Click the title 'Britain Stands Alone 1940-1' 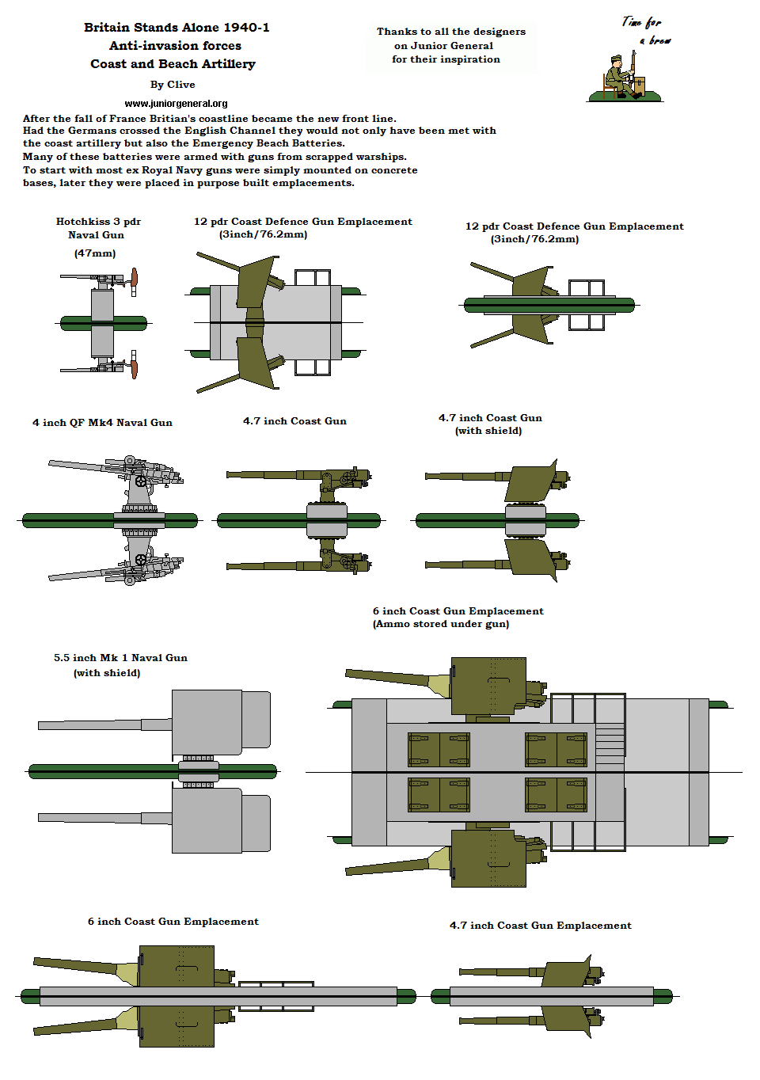[x=177, y=28]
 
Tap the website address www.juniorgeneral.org [x=176, y=104]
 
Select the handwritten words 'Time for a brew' [x=647, y=31]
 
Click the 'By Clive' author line [x=173, y=85]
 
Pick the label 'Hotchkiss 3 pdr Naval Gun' [x=98, y=228]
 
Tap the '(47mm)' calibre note [x=95, y=253]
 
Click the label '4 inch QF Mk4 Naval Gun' [x=102, y=423]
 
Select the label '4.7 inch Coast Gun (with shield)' [x=490, y=424]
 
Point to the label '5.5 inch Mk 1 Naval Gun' [x=120, y=658]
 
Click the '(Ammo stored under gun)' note [x=441, y=624]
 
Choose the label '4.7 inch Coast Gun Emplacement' [x=540, y=926]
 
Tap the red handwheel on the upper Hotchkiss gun [x=135, y=277]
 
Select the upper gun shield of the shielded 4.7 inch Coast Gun [x=530, y=482]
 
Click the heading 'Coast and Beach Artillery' [x=173, y=64]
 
